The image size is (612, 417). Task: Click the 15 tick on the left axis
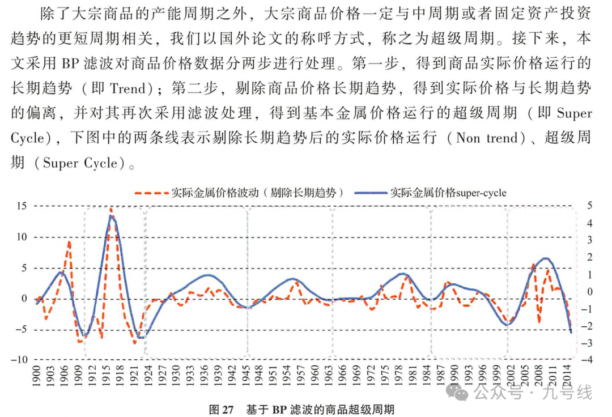[21, 206]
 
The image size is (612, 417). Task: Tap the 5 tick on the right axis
[589, 206]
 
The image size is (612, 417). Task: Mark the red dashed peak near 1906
[69, 242]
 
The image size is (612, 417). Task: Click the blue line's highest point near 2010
[545, 258]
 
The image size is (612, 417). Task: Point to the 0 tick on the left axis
[24, 299]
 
